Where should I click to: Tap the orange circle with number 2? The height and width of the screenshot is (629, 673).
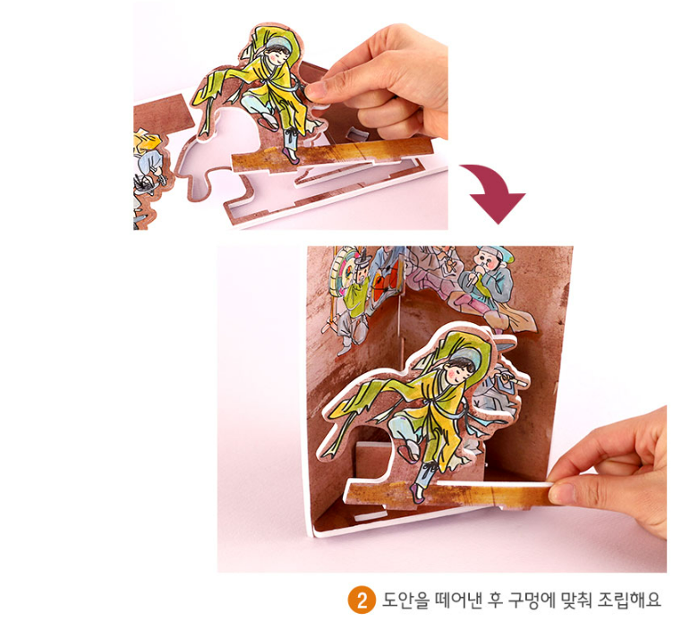(362, 600)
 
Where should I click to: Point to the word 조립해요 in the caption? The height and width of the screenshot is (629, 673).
(630, 600)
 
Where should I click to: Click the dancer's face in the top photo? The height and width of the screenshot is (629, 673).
(277, 55)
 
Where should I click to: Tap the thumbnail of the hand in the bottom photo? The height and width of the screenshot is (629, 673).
(561, 494)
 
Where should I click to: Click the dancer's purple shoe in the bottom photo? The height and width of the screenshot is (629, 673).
(416, 493)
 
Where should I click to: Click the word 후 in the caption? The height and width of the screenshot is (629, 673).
(494, 600)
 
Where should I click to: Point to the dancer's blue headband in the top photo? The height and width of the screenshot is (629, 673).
(278, 44)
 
